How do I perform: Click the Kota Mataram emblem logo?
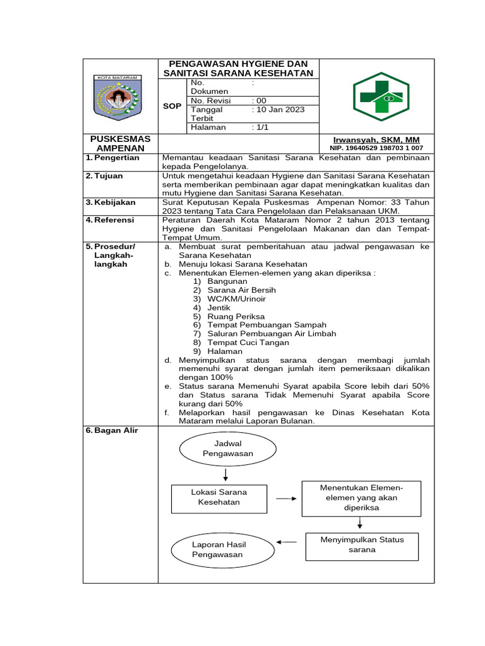coord(119,97)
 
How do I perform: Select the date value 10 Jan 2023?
coord(278,110)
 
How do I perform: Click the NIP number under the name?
coord(376,148)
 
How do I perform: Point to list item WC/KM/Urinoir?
coord(236,298)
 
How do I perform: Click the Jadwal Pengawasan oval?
coord(227,449)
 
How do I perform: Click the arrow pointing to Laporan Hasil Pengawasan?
coord(287,541)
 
